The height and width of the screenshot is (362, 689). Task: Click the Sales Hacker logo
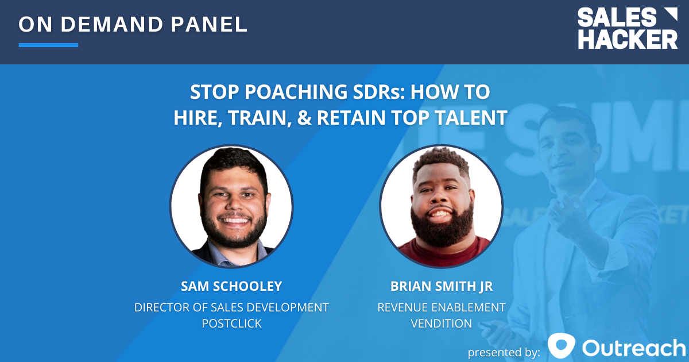click(x=628, y=29)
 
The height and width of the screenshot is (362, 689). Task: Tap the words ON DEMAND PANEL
click(x=133, y=24)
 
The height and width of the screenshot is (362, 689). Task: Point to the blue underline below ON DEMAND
click(x=48, y=45)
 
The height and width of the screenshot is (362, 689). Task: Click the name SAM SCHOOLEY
click(x=231, y=287)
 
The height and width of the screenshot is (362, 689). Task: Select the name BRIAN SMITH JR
click(x=441, y=287)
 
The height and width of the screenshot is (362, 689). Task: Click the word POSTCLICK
click(x=231, y=324)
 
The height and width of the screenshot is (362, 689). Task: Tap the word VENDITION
click(x=441, y=324)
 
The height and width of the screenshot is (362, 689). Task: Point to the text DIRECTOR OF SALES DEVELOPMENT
click(x=231, y=307)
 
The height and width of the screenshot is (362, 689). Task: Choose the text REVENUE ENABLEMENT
click(x=441, y=307)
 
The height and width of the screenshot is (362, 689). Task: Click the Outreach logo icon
click(x=561, y=346)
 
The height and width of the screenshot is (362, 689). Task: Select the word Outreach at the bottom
click(x=634, y=347)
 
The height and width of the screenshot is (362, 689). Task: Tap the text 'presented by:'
click(x=504, y=351)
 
